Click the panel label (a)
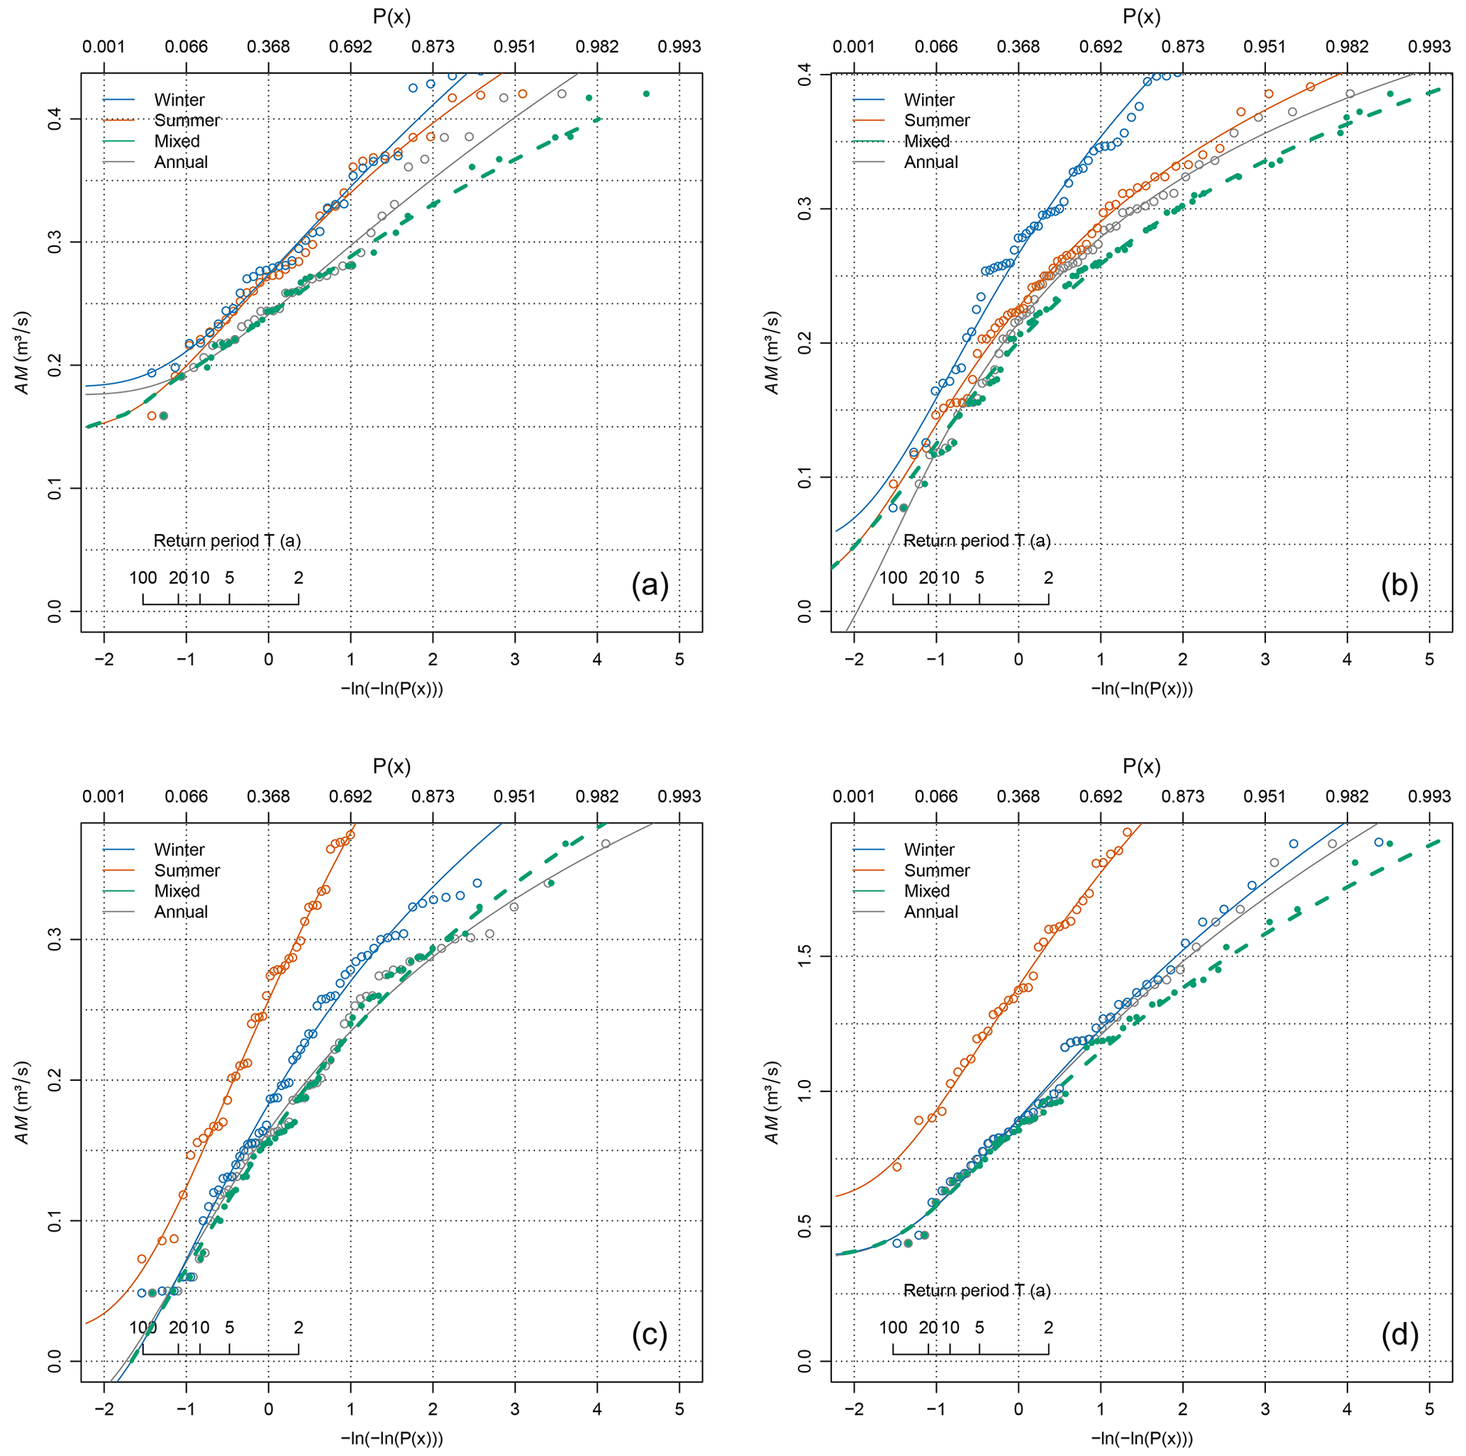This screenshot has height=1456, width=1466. [x=650, y=587]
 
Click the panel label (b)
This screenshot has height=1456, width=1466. [x=1399, y=587]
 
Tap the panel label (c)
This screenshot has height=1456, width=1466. [x=650, y=1336]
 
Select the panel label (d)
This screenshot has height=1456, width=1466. [x=1399, y=1336]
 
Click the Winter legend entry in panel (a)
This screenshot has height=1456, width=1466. [x=178, y=100]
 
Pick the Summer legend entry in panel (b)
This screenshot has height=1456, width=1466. [x=936, y=121]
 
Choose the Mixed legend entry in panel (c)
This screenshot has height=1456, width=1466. [x=177, y=891]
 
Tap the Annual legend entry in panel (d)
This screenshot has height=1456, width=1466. [x=931, y=912]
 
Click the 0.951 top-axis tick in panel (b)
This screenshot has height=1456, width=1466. [x=1265, y=46]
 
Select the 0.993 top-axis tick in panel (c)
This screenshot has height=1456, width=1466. [x=679, y=796]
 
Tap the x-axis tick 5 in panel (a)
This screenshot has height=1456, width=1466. [x=679, y=660]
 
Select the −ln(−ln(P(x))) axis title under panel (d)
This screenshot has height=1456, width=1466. [x=1141, y=1438]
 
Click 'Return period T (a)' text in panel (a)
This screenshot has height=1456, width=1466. [x=227, y=541]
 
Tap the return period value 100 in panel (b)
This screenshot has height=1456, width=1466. [x=892, y=577]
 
